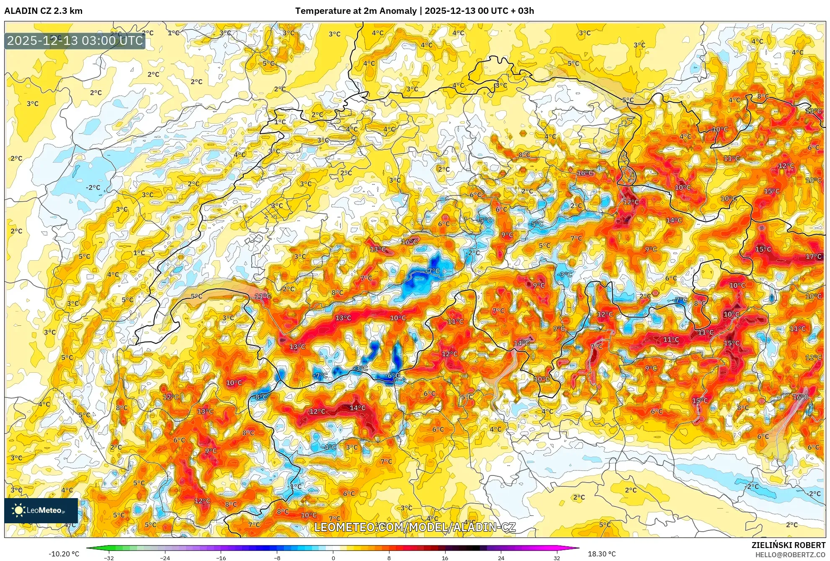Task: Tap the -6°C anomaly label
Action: click(393, 376)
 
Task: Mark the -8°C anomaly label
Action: click(260, 397)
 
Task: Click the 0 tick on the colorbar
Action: click(333, 558)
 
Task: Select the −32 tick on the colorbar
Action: click(109, 558)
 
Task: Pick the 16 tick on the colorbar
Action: click(445, 558)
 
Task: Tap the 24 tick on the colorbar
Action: click(501, 558)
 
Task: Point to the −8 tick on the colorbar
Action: click(277, 558)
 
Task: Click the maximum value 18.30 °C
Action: click(602, 554)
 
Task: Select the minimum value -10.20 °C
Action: click(64, 554)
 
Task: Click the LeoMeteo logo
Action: click(41, 510)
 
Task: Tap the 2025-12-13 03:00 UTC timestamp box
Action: click(75, 41)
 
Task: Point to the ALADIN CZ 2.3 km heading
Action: click(43, 11)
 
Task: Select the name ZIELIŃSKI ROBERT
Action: click(788, 545)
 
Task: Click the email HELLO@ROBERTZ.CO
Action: click(790, 555)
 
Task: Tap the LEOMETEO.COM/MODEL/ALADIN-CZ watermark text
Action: click(415, 527)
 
